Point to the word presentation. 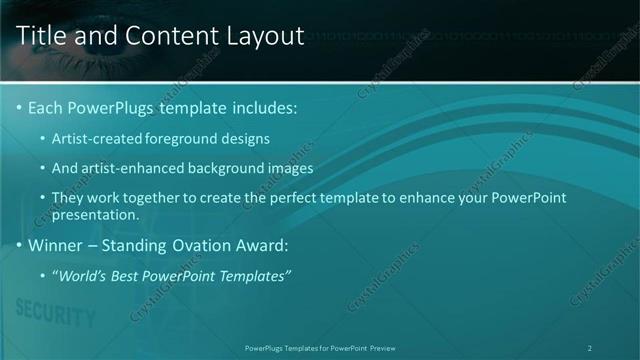pyautogui.click(x=94, y=214)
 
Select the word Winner pyautogui.click(x=55, y=245)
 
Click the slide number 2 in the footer pyautogui.click(x=589, y=347)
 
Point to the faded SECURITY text pyautogui.click(x=56, y=316)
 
